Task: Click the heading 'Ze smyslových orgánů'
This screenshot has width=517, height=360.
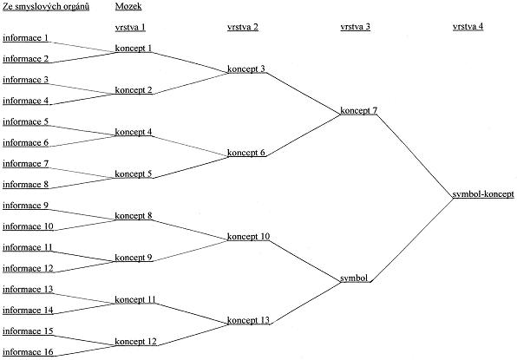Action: pyautogui.click(x=46, y=7)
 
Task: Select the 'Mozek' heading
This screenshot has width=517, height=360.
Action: pyautogui.click(x=128, y=6)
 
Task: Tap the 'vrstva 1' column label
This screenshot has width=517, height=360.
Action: pyautogui.click(x=130, y=27)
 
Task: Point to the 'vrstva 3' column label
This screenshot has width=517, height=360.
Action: pyautogui.click(x=355, y=27)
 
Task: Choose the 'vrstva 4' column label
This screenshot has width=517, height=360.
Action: pyautogui.click(x=468, y=26)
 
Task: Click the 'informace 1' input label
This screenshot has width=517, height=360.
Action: pyautogui.click(x=25, y=38)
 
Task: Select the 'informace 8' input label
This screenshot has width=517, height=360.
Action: pyautogui.click(x=25, y=185)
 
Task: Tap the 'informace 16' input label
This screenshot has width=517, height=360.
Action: pyautogui.click(x=28, y=352)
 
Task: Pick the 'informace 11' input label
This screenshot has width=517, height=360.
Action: pyautogui.click(x=28, y=247)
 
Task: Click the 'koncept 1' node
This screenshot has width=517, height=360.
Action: pyautogui.click(x=134, y=48)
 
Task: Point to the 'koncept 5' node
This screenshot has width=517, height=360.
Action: pyautogui.click(x=134, y=173)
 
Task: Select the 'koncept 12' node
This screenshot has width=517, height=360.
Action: pyautogui.click(x=135, y=341)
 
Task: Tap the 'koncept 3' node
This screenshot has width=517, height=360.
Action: pyautogui.click(x=246, y=69)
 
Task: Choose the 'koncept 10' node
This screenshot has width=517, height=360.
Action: pyautogui.click(x=248, y=236)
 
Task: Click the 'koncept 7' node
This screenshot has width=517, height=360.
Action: pyautogui.click(x=358, y=110)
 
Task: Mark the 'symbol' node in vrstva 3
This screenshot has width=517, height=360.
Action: pyautogui.click(x=354, y=278)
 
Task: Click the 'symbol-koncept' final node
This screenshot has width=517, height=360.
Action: pyautogui.click(x=483, y=194)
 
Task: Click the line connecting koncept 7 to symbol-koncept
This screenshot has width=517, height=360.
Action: pyautogui.click(x=416, y=156)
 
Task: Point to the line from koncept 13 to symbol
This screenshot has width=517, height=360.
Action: pyautogui.click(x=305, y=303)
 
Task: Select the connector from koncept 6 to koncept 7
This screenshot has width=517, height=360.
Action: pyautogui.click(x=303, y=135)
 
